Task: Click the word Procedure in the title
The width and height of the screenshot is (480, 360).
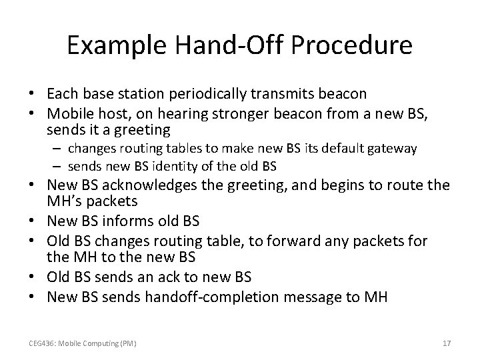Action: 351,45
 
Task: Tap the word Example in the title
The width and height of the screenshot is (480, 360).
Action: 117,46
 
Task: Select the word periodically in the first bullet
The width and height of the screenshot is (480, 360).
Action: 207,94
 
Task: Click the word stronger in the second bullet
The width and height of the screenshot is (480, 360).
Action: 240,114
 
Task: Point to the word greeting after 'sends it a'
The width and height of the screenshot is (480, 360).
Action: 143,131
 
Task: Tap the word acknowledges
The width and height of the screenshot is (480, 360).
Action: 149,185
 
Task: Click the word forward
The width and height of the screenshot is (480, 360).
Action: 293,241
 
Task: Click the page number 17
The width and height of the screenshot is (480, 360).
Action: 447,343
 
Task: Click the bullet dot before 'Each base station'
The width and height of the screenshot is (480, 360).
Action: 31,93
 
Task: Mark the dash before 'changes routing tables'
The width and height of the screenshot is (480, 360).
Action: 57,149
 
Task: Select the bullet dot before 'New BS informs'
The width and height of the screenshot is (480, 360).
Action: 31,221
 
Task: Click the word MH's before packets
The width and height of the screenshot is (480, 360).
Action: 65,201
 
